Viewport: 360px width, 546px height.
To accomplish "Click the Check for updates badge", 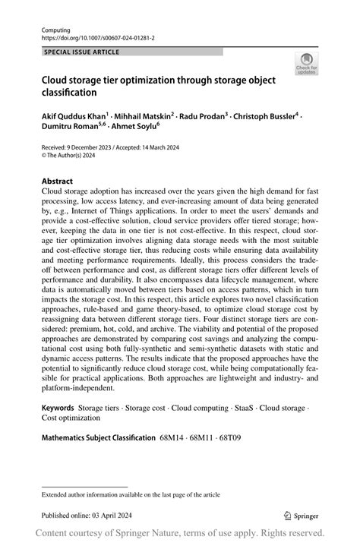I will point(307,65).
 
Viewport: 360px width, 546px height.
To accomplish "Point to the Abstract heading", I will point(57,181).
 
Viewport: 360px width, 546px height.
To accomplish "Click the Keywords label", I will point(58,408).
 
